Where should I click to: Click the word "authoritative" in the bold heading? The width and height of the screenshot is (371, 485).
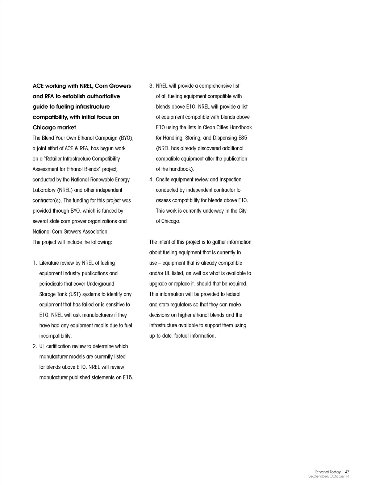tap(101, 96)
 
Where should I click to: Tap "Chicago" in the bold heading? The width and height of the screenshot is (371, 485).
tap(44, 127)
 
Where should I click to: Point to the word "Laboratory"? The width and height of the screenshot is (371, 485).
tap(44, 190)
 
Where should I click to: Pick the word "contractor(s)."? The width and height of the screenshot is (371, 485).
tap(47, 201)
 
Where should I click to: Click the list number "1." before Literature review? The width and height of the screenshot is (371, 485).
tap(35, 263)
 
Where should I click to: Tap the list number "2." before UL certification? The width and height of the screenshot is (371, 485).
tap(35, 346)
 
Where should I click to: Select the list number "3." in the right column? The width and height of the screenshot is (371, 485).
tap(151, 86)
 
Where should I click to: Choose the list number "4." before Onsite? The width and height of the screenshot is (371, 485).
tap(151, 180)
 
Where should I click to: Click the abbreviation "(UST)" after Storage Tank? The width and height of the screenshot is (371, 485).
tap(75, 294)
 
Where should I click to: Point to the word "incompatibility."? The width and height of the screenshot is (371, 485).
tap(55, 336)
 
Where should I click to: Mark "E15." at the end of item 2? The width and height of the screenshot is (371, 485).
tap(128, 378)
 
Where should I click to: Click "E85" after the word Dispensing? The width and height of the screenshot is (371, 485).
tap(243, 138)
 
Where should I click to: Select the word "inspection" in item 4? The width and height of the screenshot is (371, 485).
tap(230, 180)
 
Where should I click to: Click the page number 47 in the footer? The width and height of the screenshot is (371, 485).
tap(347, 472)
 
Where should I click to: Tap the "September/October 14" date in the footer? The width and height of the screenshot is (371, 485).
tap(329, 476)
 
